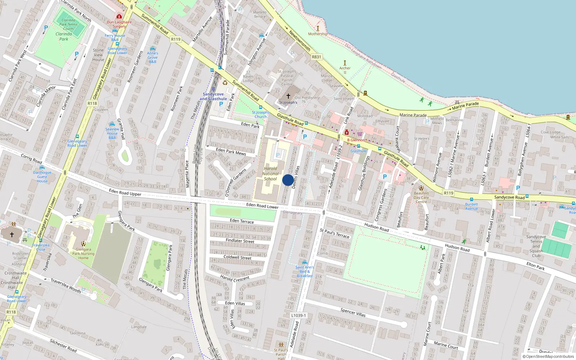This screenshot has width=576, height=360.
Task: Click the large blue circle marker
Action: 288,180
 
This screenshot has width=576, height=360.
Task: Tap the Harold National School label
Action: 270,174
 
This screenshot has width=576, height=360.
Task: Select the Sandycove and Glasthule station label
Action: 213,96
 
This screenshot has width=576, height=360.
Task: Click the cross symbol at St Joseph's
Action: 288,96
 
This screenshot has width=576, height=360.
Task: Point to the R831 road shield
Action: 316,57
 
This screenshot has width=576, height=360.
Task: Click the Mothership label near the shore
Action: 318,34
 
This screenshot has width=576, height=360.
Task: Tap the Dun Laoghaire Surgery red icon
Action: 119,17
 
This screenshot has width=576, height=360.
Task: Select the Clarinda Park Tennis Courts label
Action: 68,24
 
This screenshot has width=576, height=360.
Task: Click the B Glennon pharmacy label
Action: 356,140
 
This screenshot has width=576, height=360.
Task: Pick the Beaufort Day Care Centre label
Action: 421,197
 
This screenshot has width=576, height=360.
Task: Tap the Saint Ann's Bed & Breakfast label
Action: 305,271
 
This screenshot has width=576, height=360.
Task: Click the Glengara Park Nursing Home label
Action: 83,253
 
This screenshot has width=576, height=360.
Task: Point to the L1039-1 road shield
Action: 298,315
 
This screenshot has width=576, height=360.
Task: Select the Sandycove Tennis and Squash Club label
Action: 536,246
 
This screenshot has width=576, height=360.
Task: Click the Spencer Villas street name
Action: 353,312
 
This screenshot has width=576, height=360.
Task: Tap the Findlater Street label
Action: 240,240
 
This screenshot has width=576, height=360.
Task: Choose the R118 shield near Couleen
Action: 92,103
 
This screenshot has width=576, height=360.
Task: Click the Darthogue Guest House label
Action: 42,177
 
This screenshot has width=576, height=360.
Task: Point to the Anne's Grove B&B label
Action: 152,57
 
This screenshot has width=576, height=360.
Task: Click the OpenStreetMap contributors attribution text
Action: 549,356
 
